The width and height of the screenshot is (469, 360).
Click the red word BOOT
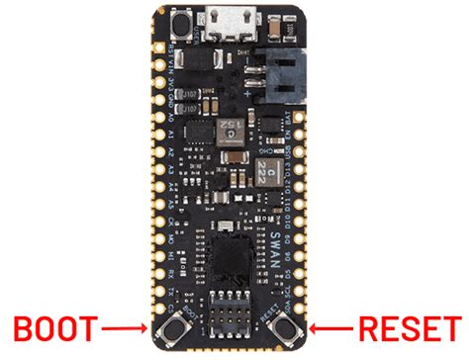(51, 326)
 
